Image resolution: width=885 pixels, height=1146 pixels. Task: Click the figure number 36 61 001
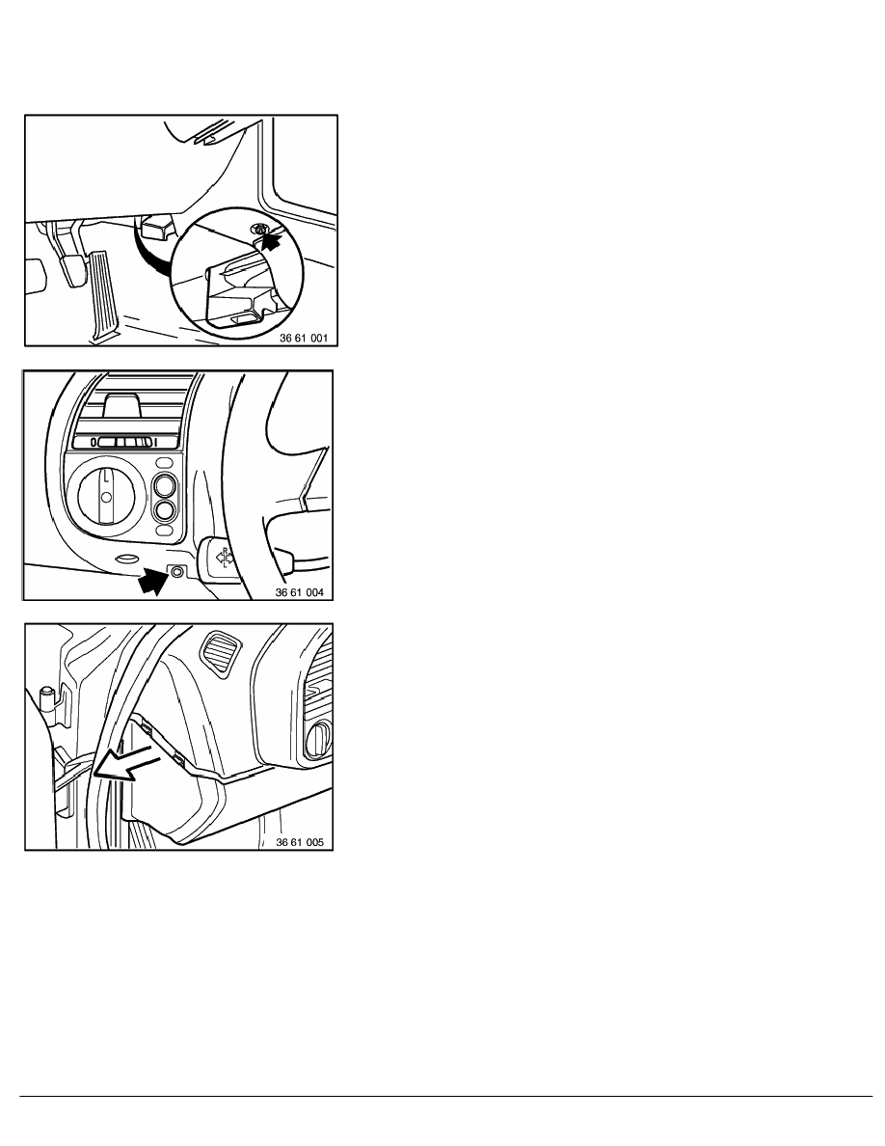(x=304, y=339)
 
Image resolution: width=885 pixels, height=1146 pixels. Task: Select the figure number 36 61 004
(x=300, y=592)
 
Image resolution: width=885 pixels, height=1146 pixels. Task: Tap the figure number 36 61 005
(x=300, y=842)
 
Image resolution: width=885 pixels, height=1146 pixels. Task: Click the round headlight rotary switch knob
(x=107, y=497)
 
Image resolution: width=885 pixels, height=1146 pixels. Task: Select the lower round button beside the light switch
(x=165, y=510)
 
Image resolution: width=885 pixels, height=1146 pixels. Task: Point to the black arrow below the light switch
(x=152, y=581)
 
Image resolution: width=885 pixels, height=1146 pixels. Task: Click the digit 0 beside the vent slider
(x=94, y=442)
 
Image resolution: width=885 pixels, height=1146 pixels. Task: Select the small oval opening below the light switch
(x=127, y=559)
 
